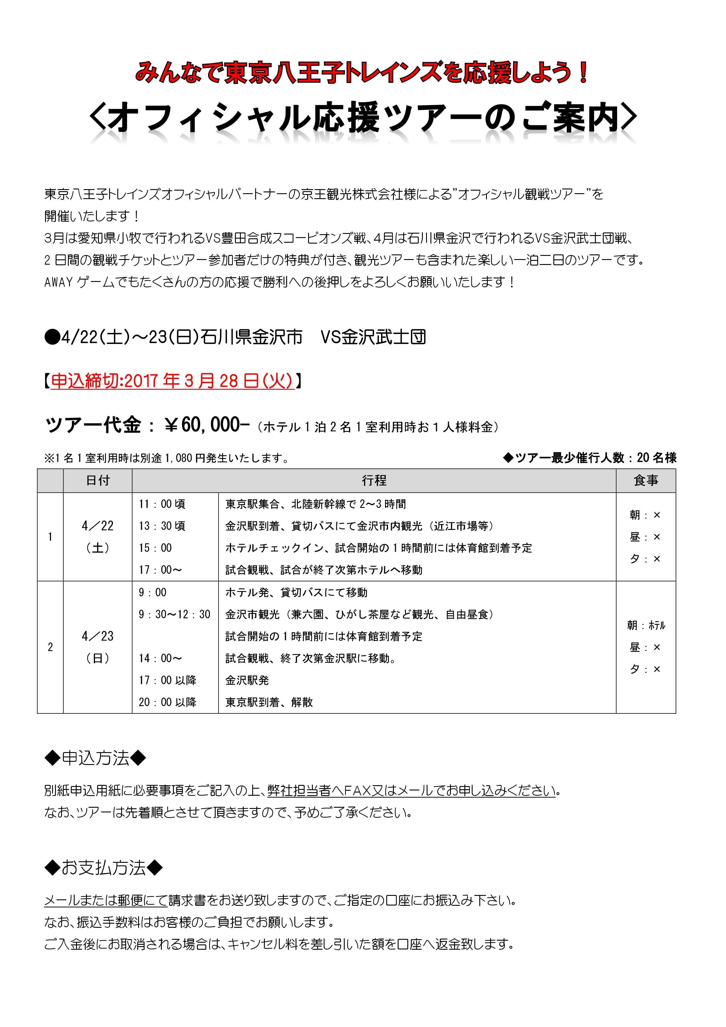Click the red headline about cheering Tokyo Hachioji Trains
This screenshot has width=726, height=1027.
point(362,73)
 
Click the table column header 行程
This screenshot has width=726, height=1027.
point(374,481)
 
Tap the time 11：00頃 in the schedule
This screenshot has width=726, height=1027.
point(162,504)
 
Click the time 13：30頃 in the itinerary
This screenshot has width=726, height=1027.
point(162,526)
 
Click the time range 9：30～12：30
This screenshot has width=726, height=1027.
point(174,614)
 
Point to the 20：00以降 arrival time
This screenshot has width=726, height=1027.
point(168,702)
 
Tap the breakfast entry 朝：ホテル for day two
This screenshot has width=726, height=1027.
point(646,625)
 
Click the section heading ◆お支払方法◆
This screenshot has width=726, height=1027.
point(104,868)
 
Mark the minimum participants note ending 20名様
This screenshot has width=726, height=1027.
point(590,458)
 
